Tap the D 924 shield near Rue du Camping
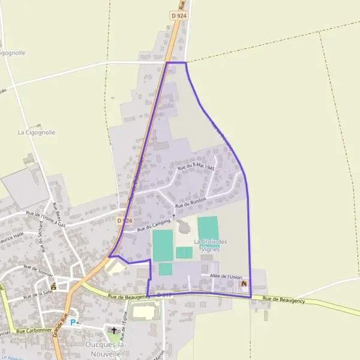pos(124,221)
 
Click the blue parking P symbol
pos(73,322)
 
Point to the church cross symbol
pos(114,330)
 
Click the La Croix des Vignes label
pos(211,245)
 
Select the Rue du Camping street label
pos(154,224)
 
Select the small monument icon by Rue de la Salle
pos(54,286)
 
